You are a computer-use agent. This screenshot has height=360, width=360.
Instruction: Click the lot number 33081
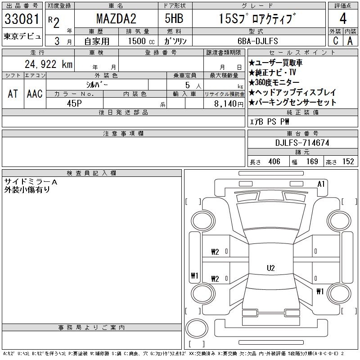[x=22, y=19]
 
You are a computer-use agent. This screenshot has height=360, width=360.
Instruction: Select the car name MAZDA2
[x=116, y=18]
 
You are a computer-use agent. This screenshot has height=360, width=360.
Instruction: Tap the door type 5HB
[x=174, y=18]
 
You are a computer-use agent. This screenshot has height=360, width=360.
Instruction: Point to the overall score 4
[x=343, y=18]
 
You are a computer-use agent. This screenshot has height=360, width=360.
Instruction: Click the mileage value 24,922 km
[x=49, y=64]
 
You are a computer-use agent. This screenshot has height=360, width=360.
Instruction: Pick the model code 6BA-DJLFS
[x=257, y=41]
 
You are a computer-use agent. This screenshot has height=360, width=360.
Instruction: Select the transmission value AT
[x=13, y=94]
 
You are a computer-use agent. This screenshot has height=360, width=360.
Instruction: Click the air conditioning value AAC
[x=35, y=94]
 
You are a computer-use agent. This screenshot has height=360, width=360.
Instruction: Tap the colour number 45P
[x=74, y=103]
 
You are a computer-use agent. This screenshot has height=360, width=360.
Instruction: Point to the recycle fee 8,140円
[x=229, y=104]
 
